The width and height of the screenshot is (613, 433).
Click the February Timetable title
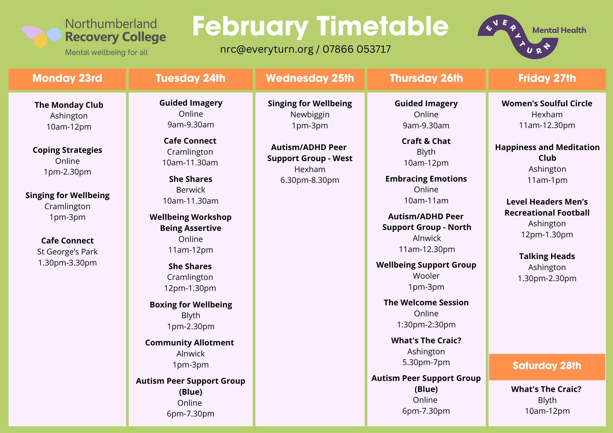coord(320,27)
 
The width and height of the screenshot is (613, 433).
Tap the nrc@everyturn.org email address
coord(267,49)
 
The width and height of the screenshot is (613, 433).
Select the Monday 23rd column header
coord(67,78)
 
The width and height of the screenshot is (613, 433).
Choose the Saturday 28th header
coord(547,366)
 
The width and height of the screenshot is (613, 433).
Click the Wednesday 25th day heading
coord(310,78)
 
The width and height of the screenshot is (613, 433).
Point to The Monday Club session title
coord(69,105)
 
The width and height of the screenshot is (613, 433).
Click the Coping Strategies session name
coord(67,150)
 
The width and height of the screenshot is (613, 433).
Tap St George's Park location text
coord(67,252)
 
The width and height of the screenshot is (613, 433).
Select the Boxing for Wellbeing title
coord(191,305)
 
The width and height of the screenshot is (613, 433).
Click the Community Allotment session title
coord(189,343)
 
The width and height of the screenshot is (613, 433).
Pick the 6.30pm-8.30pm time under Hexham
coord(310,180)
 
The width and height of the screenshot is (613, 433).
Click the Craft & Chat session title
coord(426,141)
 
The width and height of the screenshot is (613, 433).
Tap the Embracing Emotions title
coord(426,179)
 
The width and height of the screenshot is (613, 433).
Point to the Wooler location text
coord(426,276)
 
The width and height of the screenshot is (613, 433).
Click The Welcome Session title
coord(426,303)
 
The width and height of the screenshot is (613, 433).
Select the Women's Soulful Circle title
coord(547,104)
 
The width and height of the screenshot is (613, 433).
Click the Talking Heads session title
coord(547,256)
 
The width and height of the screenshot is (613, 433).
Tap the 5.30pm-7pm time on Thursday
coord(426,362)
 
